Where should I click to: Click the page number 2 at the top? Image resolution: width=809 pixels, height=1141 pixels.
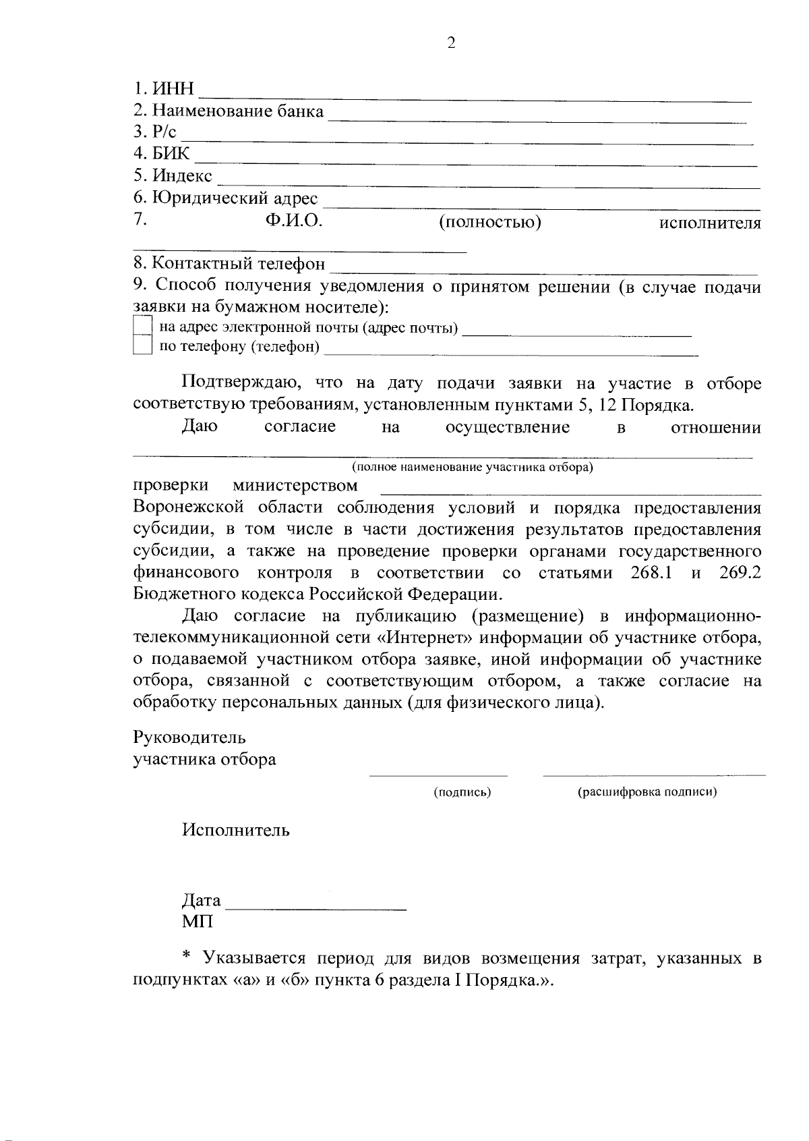tap(451, 43)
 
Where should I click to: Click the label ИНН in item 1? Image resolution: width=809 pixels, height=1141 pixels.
tap(173, 89)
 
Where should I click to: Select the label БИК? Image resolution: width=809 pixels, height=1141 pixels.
tap(171, 154)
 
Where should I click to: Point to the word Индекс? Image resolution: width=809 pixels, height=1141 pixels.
tap(182, 176)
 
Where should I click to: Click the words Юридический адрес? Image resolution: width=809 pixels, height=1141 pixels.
tap(235, 198)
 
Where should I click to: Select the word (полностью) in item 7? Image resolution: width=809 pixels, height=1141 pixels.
tap(490, 221)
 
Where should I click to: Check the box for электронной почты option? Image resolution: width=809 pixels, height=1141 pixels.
tap(142, 326)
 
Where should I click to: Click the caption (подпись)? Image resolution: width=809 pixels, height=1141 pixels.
tap(462, 792)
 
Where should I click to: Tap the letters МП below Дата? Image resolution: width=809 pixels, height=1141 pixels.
tap(197, 922)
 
